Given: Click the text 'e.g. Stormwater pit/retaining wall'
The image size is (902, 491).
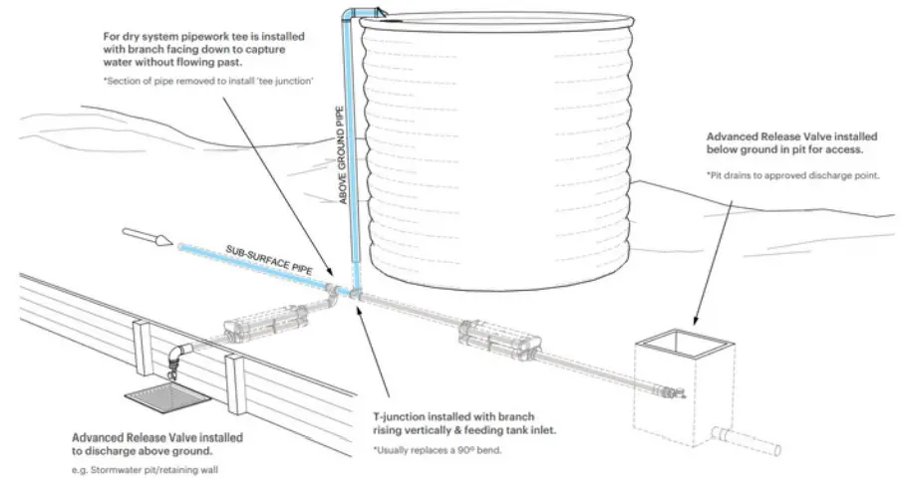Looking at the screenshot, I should click(145, 468).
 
